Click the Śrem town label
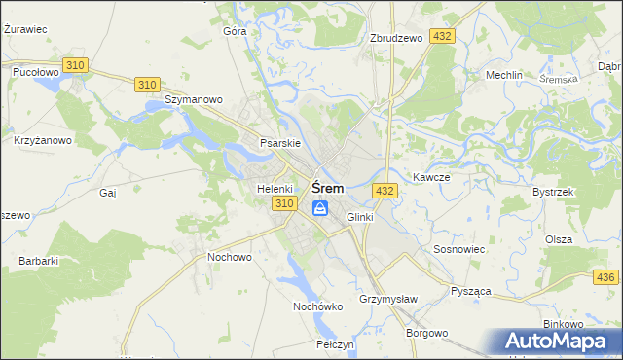pyautogui.click(x=327, y=188)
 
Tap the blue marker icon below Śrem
pyautogui.click(x=320, y=207)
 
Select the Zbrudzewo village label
pyautogui.click(x=396, y=38)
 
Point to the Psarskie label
pyautogui.click(x=279, y=143)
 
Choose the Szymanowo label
pyautogui.click(x=194, y=99)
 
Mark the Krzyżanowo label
pyautogui.click(x=43, y=140)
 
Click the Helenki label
pyautogui.click(x=275, y=188)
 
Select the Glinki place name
pyautogui.click(x=359, y=217)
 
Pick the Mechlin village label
pyautogui.click(x=504, y=75)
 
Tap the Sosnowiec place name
pyautogui.click(x=458, y=249)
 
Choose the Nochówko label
pyautogui.click(x=318, y=306)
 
